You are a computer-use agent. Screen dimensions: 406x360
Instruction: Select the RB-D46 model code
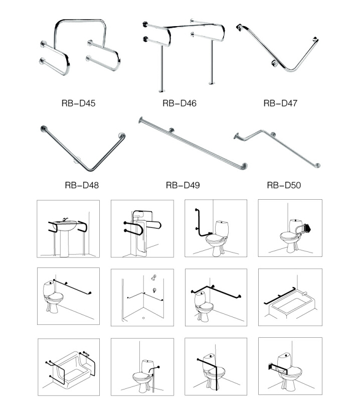(x=179, y=104)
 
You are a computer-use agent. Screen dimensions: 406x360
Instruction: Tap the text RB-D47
(x=280, y=104)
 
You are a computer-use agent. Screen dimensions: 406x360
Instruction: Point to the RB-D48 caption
(x=82, y=185)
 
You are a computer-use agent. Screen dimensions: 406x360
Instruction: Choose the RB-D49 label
(x=183, y=185)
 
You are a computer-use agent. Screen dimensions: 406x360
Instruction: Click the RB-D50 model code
(x=284, y=185)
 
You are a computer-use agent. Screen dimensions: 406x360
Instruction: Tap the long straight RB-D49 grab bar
(x=196, y=145)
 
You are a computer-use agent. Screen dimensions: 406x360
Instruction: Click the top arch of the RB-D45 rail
(x=80, y=21)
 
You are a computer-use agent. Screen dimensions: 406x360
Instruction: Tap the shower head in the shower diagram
(x=153, y=277)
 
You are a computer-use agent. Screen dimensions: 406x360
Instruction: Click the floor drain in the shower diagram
(x=144, y=318)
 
